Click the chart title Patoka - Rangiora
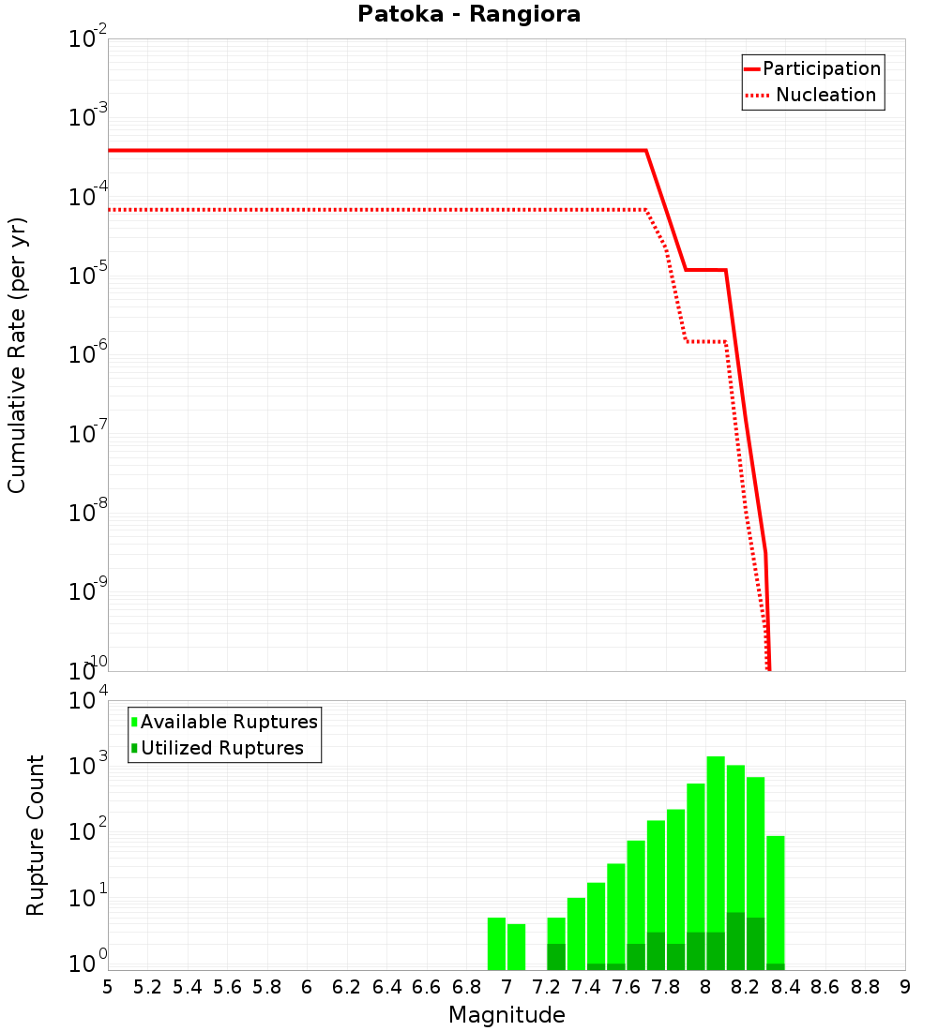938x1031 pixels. point(469,15)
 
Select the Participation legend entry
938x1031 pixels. point(821,68)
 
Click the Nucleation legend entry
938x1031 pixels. point(825,95)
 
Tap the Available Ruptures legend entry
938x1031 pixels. point(229,722)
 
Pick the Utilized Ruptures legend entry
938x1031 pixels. point(221,748)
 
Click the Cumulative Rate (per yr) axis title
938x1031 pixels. point(17,355)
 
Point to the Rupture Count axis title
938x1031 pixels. point(36,835)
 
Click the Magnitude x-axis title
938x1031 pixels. point(507,1015)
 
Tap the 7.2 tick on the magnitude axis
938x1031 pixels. point(546,987)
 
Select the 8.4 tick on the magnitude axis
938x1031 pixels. point(785,987)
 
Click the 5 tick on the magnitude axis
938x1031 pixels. point(108,987)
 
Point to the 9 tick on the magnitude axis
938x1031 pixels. point(905,987)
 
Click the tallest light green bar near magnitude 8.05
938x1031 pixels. point(716,844)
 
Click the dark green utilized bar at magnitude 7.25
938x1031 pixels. point(556,957)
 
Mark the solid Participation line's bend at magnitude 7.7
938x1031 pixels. point(645,150)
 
